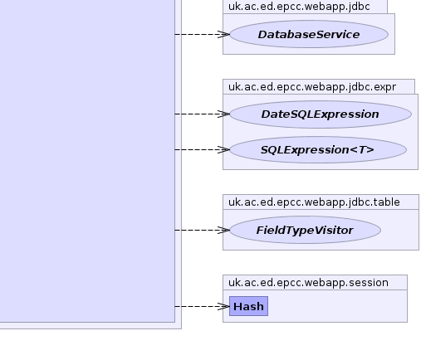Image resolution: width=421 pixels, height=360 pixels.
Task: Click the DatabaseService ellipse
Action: click(x=309, y=34)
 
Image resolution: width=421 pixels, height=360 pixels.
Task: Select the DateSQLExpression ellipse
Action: click(x=321, y=114)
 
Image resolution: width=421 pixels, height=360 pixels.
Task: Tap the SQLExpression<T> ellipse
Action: click(x=318, y=149)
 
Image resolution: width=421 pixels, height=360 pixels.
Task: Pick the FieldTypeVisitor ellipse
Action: click(x=305, y=230)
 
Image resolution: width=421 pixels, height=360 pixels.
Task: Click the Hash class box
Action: click(x=248, y=306)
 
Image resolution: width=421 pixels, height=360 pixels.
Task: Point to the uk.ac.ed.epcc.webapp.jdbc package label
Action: click(x=299, y=7)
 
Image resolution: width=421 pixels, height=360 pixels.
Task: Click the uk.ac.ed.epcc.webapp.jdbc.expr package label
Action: click(x=312, y=87)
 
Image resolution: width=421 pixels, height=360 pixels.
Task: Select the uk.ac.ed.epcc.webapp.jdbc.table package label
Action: click(x=314, y=202)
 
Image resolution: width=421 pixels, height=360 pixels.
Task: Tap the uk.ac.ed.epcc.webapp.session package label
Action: click(x=308, y=283)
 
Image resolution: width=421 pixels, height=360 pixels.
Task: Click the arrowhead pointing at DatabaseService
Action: click(x=223, y=34)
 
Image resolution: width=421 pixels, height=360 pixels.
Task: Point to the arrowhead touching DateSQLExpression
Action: click(x=223, y=114)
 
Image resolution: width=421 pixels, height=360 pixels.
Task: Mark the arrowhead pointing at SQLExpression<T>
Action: click(x=223, y=149)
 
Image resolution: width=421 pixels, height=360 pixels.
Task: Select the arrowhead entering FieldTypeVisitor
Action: click(x=223, y=230)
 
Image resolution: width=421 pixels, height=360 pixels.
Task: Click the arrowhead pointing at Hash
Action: click(x=223, y=306)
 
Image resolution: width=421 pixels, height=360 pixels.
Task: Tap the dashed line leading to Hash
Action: click(x=202, y=306)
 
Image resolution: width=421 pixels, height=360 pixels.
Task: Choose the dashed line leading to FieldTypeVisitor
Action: click(x=202, y=230)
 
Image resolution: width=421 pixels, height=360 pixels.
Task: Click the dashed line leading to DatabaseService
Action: click(x=202, y=34)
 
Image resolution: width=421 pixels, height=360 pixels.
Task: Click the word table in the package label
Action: click(x=387, y=202)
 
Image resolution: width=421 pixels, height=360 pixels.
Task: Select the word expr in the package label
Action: click(x=385, y=87)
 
